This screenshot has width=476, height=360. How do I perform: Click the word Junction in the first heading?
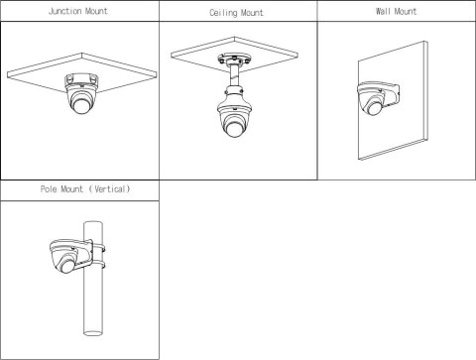(63, 11)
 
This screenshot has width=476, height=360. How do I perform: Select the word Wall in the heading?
(383, 11)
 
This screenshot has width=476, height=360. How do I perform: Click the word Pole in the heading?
(49, 189)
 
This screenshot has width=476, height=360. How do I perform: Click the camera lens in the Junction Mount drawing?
(81, 105)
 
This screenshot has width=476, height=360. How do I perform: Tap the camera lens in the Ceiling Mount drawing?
(234, 129)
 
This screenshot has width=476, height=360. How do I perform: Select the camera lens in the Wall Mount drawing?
(374, 108)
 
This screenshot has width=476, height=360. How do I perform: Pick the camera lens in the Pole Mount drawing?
(67, 266)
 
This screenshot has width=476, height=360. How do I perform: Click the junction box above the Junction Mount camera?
(81, 81)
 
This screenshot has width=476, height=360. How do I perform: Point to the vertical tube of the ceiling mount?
(235, 76)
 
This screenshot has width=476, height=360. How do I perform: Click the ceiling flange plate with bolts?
(233, 60)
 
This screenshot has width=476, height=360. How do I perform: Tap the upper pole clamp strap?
(98, 248)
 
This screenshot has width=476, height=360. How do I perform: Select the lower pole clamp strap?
(98, 265)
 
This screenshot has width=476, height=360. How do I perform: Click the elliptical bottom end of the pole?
(93, 332)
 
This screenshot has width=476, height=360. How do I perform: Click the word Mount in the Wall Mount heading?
(406, 11)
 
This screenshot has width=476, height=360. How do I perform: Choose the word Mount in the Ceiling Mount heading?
(252, 13)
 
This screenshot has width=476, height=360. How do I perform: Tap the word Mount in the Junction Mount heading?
(96, 11)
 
